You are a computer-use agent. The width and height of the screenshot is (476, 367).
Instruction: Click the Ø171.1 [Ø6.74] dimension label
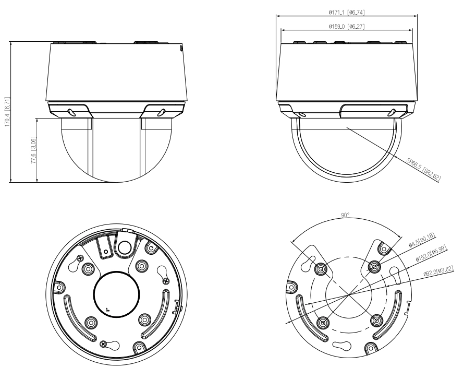point(346,12)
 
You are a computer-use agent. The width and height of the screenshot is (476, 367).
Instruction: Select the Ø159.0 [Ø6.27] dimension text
point(346,27)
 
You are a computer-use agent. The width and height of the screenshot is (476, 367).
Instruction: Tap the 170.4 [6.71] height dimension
point(8,112)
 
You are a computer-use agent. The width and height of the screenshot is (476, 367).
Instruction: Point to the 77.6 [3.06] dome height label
point(34,150)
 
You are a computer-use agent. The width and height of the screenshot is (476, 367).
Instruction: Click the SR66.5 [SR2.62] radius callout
point(423,170)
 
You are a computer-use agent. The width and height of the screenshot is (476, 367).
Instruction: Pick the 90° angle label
point(345,215)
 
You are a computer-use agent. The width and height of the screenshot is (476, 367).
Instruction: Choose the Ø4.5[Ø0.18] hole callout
point(422,240)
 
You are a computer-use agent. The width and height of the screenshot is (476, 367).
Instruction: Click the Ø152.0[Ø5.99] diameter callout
point(431,254)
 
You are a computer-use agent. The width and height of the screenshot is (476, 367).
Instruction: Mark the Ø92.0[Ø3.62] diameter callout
point(438,271)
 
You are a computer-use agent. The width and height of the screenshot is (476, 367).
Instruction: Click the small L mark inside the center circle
point(107,310)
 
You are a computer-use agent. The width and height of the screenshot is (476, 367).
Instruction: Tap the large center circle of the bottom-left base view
point(117,294)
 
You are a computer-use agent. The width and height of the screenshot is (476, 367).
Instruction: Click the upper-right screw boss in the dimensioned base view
point(374,267)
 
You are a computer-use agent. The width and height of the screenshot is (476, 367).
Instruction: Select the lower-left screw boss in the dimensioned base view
point(323,322)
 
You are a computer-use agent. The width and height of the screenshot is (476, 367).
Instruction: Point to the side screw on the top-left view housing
point(181,48)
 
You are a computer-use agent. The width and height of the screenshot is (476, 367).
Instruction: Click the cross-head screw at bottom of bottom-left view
point(104,344)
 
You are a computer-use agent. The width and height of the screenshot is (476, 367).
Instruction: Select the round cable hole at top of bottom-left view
point(124,247)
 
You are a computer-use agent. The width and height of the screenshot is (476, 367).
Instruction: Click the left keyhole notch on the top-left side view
point(71,112)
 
